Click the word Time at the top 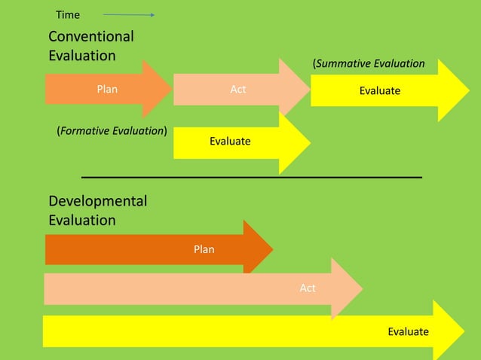point(68,14)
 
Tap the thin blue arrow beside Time point(129,14)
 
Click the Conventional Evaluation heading point(90,46)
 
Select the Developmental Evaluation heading point(97,211)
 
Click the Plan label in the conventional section point(107,90)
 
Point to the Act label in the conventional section point(238,90)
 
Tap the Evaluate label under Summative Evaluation point(379,90)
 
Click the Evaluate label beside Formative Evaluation point(230,141)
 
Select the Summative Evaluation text point(369,64)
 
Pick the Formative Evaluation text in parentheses point(112,131)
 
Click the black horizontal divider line point(251,176)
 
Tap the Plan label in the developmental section point(204,249)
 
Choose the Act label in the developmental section point(308,288)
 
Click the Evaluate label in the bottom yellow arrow point(408,331)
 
